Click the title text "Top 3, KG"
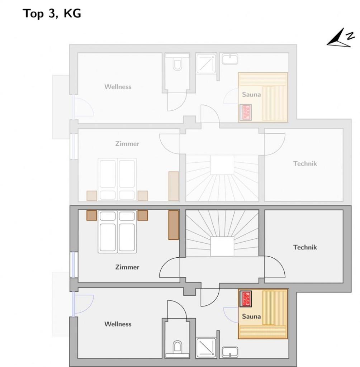(52, 14)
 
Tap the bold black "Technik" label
(305, 247)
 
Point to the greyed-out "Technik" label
(305, 163)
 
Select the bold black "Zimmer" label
(127, 267)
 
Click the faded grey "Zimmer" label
(127, 144)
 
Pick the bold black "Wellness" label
(118, 324)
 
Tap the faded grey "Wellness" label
(118, 87)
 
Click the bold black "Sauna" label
(251, 316)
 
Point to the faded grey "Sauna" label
(251, 95)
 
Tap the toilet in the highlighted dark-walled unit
(177, 347)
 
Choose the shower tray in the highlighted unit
(206, 347)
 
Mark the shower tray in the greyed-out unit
(206, 63)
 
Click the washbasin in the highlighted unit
(230, 352)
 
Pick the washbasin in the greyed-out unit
(230, 59)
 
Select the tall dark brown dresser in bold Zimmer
(174, 225)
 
